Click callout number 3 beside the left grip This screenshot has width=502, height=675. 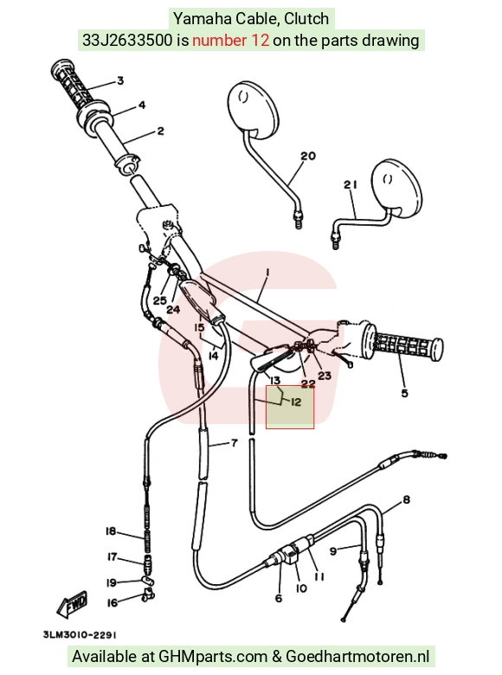tap(120, 80)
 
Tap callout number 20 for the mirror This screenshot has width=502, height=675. tap(308, 156)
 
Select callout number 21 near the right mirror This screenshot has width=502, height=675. tap(351, 184)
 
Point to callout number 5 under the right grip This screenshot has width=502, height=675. tap(404, 393)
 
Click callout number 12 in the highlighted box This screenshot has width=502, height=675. tap(296, 402)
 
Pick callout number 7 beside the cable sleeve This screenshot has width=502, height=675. tap(235, 442)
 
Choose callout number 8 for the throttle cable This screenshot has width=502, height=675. tap(406, 500)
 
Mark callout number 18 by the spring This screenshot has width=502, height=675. tap(111, 531)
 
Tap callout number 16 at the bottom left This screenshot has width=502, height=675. tap(112, 602)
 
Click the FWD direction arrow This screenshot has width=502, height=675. tap(72, 604)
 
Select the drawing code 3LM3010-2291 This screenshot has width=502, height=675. tap(80, 635)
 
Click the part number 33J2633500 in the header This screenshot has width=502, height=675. tap(127, 41)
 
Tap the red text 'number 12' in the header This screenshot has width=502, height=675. tap(231, 41)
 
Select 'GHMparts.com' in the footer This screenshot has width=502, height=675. tap(213, 657)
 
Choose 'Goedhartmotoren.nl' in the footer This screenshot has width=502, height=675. tap(357, 657)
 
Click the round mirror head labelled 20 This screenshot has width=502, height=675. tap(253, 108)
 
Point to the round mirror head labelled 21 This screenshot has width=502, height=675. tap(396, 188)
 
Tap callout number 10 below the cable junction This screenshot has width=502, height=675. tap(301, 588)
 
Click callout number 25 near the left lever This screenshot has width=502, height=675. tap(160, 299)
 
